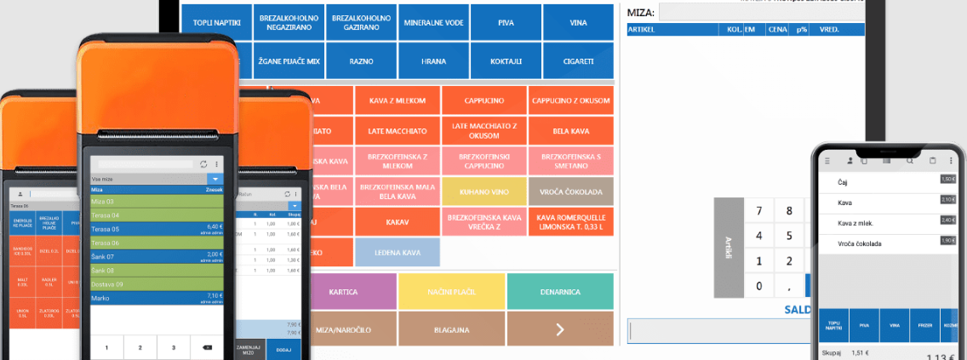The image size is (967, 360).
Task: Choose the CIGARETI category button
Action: pos(579,61)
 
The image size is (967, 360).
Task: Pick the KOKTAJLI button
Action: pos(506,61)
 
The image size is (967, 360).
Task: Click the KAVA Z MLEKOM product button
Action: pos(397,101)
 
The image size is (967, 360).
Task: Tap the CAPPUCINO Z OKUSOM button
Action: pos(570,101)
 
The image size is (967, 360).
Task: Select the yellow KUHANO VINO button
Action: pos(484,191)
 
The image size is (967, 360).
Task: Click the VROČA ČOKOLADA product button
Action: pos(570,191)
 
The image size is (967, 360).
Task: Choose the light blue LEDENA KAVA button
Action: pos(397,252)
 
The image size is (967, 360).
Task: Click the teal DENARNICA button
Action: pos(559,292)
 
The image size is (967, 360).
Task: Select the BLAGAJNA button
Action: pos(451,329)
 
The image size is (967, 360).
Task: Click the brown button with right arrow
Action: pos(559,329)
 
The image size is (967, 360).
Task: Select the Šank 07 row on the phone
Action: pos(157,256)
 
